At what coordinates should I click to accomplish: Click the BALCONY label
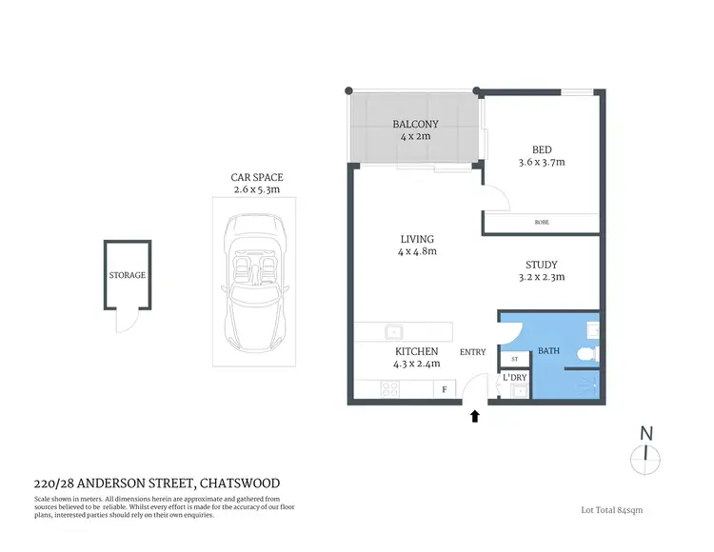414,124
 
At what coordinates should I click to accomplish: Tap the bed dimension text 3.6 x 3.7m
541,163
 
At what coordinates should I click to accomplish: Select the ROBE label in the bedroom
541,223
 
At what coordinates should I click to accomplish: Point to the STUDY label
541,265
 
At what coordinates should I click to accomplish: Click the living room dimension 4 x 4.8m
416,253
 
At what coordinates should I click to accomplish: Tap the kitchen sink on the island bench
393,332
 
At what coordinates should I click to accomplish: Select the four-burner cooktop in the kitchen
389,387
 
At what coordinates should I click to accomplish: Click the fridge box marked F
444,388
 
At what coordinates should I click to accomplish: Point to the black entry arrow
475,415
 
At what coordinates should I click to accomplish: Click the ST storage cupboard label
514,359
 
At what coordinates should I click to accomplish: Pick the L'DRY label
514,379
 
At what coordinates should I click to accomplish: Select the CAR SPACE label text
257,178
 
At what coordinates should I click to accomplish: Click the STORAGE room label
127,275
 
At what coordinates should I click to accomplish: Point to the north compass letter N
646,433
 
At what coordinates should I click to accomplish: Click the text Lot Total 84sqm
611,510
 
